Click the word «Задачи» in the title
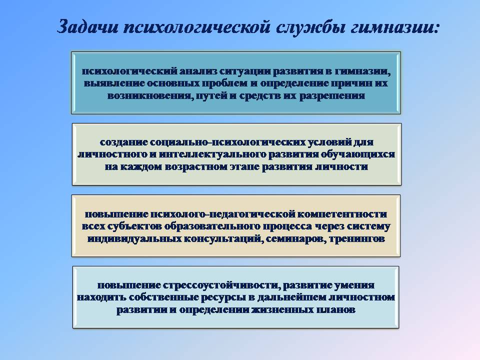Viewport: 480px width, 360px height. [x=88, y=26]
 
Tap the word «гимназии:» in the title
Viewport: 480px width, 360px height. [x=395, y=26]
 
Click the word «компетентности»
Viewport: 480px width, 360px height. [x=342, y=214]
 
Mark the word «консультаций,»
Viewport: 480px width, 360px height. [x=223, y=239]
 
